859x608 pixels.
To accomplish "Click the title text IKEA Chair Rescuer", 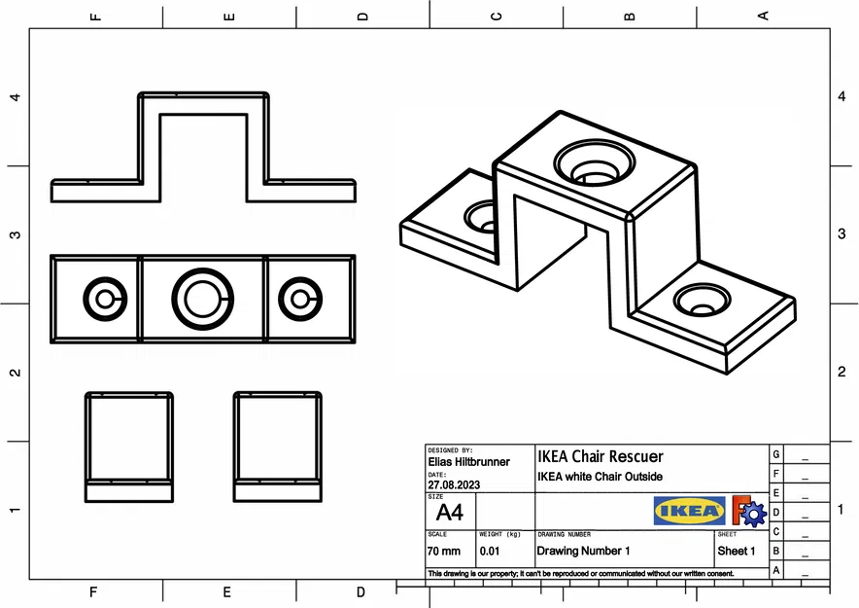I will tap(601, 456).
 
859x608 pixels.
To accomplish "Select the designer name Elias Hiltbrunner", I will tap(468, 462).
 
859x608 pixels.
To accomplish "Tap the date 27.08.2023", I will tap(454, 483).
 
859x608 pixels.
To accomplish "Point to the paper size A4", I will tap(449, 512).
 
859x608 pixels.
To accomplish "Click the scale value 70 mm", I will tap(444, 551).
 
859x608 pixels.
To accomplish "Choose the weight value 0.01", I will tap(490, 551).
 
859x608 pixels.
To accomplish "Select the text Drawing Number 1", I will tap(583, 551).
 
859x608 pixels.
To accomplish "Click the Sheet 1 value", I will tap(737, 551).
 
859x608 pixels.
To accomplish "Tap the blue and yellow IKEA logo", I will tap(689, 511).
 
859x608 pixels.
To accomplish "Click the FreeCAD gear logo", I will tap(748, 511).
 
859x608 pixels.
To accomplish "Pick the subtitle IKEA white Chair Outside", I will tap(600, 477).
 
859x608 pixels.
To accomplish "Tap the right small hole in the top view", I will tap(299, 298).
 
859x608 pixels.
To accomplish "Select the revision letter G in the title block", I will tap(775, 454).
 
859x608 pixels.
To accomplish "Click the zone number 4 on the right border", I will tap(842, 97).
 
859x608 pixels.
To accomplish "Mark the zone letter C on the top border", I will tap(497, 16).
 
